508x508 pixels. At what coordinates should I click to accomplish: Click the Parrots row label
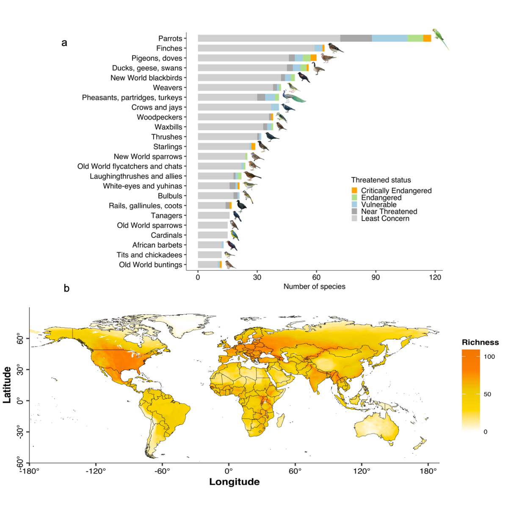tap(170, 39)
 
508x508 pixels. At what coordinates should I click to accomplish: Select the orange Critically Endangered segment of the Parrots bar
tap(427, 38)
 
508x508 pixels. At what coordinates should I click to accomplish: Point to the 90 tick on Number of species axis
tap(375, 277)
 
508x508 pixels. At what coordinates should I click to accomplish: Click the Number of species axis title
tap(314, 287)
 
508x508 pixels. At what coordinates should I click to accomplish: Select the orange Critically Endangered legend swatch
tap(354, 190)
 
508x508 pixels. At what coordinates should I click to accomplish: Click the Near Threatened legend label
tap(389, 211)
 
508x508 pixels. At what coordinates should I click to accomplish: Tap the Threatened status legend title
tap(381, 180)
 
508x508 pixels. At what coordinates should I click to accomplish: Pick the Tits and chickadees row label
tap(149, 255)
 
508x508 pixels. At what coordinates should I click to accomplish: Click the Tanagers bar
tap(213, 215)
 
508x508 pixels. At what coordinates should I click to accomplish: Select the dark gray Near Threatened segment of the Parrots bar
tap(356, 38)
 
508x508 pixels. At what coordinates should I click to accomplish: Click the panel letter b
tap(66, 288)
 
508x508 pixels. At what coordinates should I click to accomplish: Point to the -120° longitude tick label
tap(96, 471)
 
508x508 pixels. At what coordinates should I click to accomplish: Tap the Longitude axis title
tap(234, 482)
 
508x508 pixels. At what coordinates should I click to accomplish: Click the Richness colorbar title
tap(480, 342)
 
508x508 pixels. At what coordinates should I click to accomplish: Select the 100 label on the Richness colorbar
tap(489, 356)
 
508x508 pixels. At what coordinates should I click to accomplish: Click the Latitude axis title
tap(7, 384)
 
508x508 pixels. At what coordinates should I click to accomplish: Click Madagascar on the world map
tap(280, 420)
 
